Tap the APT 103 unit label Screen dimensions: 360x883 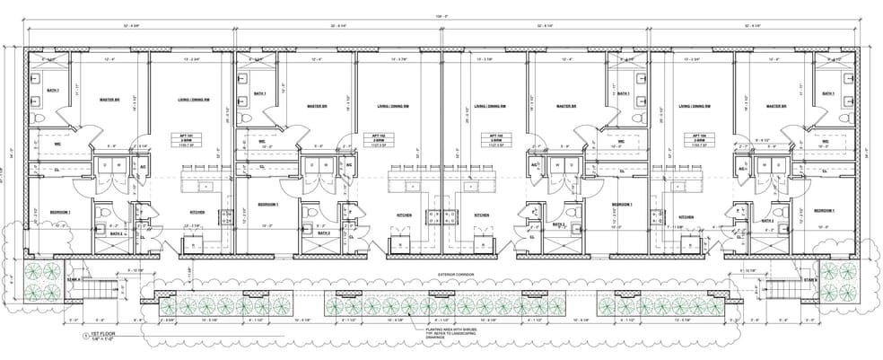tap(470, 136)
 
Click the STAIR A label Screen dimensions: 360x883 tap(74, 280)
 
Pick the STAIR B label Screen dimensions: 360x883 tap(809, 280)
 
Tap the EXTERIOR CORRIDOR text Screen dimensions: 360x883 tap(455, 273)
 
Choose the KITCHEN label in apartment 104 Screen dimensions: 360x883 tap(686, 216)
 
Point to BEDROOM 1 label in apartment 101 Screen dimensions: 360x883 tap(60, 212)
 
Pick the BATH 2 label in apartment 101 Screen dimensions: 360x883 tap(116, 233)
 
